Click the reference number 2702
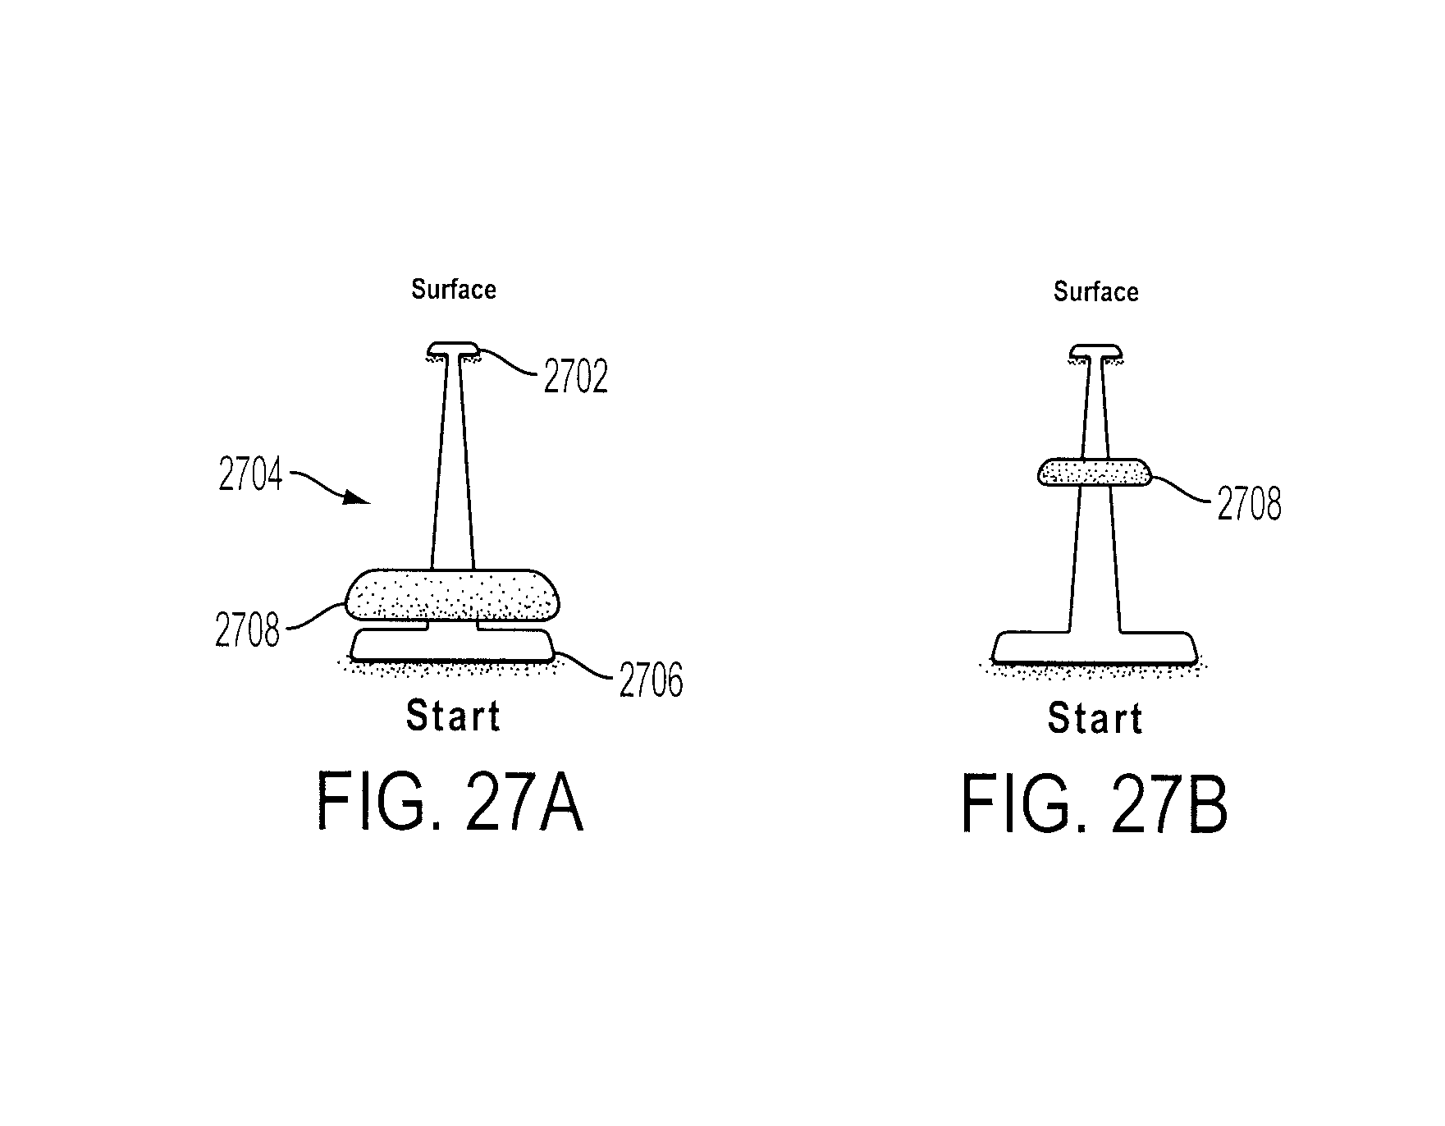pyautogui.click(x=576, y=378)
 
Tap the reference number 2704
pyautogui.click(x=250, y=475)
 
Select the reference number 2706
pyautogui.click(x=651, y=680)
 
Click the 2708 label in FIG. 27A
pyautogui.click(x=248, y=631)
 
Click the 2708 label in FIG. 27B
pyautogui.click(x=1249, y=505)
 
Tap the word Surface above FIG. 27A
pyautogui.click(x=454, y=289)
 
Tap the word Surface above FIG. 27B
pyautogui.click(x=1096, y=291)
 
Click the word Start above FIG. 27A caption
pyautogui.click(x=453, y=716)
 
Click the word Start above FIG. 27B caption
pyautogui.click(x=1095, y=718)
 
